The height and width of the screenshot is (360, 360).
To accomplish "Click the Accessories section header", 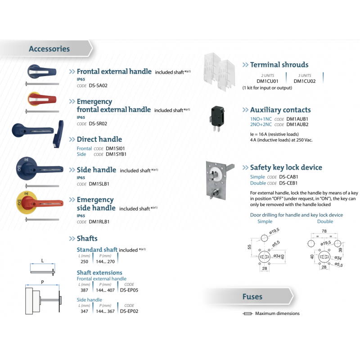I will click(x=49, y=49).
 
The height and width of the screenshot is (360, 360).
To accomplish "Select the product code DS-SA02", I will click(x=98, y=85).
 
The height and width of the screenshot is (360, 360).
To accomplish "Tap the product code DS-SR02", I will click(x=98, y=123).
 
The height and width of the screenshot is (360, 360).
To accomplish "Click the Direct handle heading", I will click(x=99, y=139).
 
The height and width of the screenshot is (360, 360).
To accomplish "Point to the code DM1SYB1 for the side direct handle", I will click(x=116, y=154).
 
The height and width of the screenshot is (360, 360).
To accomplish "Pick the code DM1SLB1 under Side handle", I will click(x=99, y=184).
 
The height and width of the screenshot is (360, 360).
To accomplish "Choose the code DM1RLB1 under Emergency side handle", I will click(x=99, y=221).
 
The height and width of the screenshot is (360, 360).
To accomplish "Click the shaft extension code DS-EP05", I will click(x=129, y=290).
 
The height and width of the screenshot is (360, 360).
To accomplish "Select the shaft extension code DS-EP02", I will click(x=129, y=311).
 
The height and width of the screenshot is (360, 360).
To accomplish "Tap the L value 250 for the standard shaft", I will click(x=84, y=261).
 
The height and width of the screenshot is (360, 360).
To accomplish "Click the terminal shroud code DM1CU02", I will click(x=305, y=81).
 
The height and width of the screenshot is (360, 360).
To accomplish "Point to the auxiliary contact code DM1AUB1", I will click(x=297, y=119).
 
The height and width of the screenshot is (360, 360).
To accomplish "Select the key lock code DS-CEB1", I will click(x=288, y=183).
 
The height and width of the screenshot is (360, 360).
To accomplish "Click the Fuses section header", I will click(x=252, y=297).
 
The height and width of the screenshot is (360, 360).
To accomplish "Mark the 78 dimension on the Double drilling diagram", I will click(x=324, y=230).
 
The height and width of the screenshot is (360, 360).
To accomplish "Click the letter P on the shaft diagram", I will click(x=42, y=283).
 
